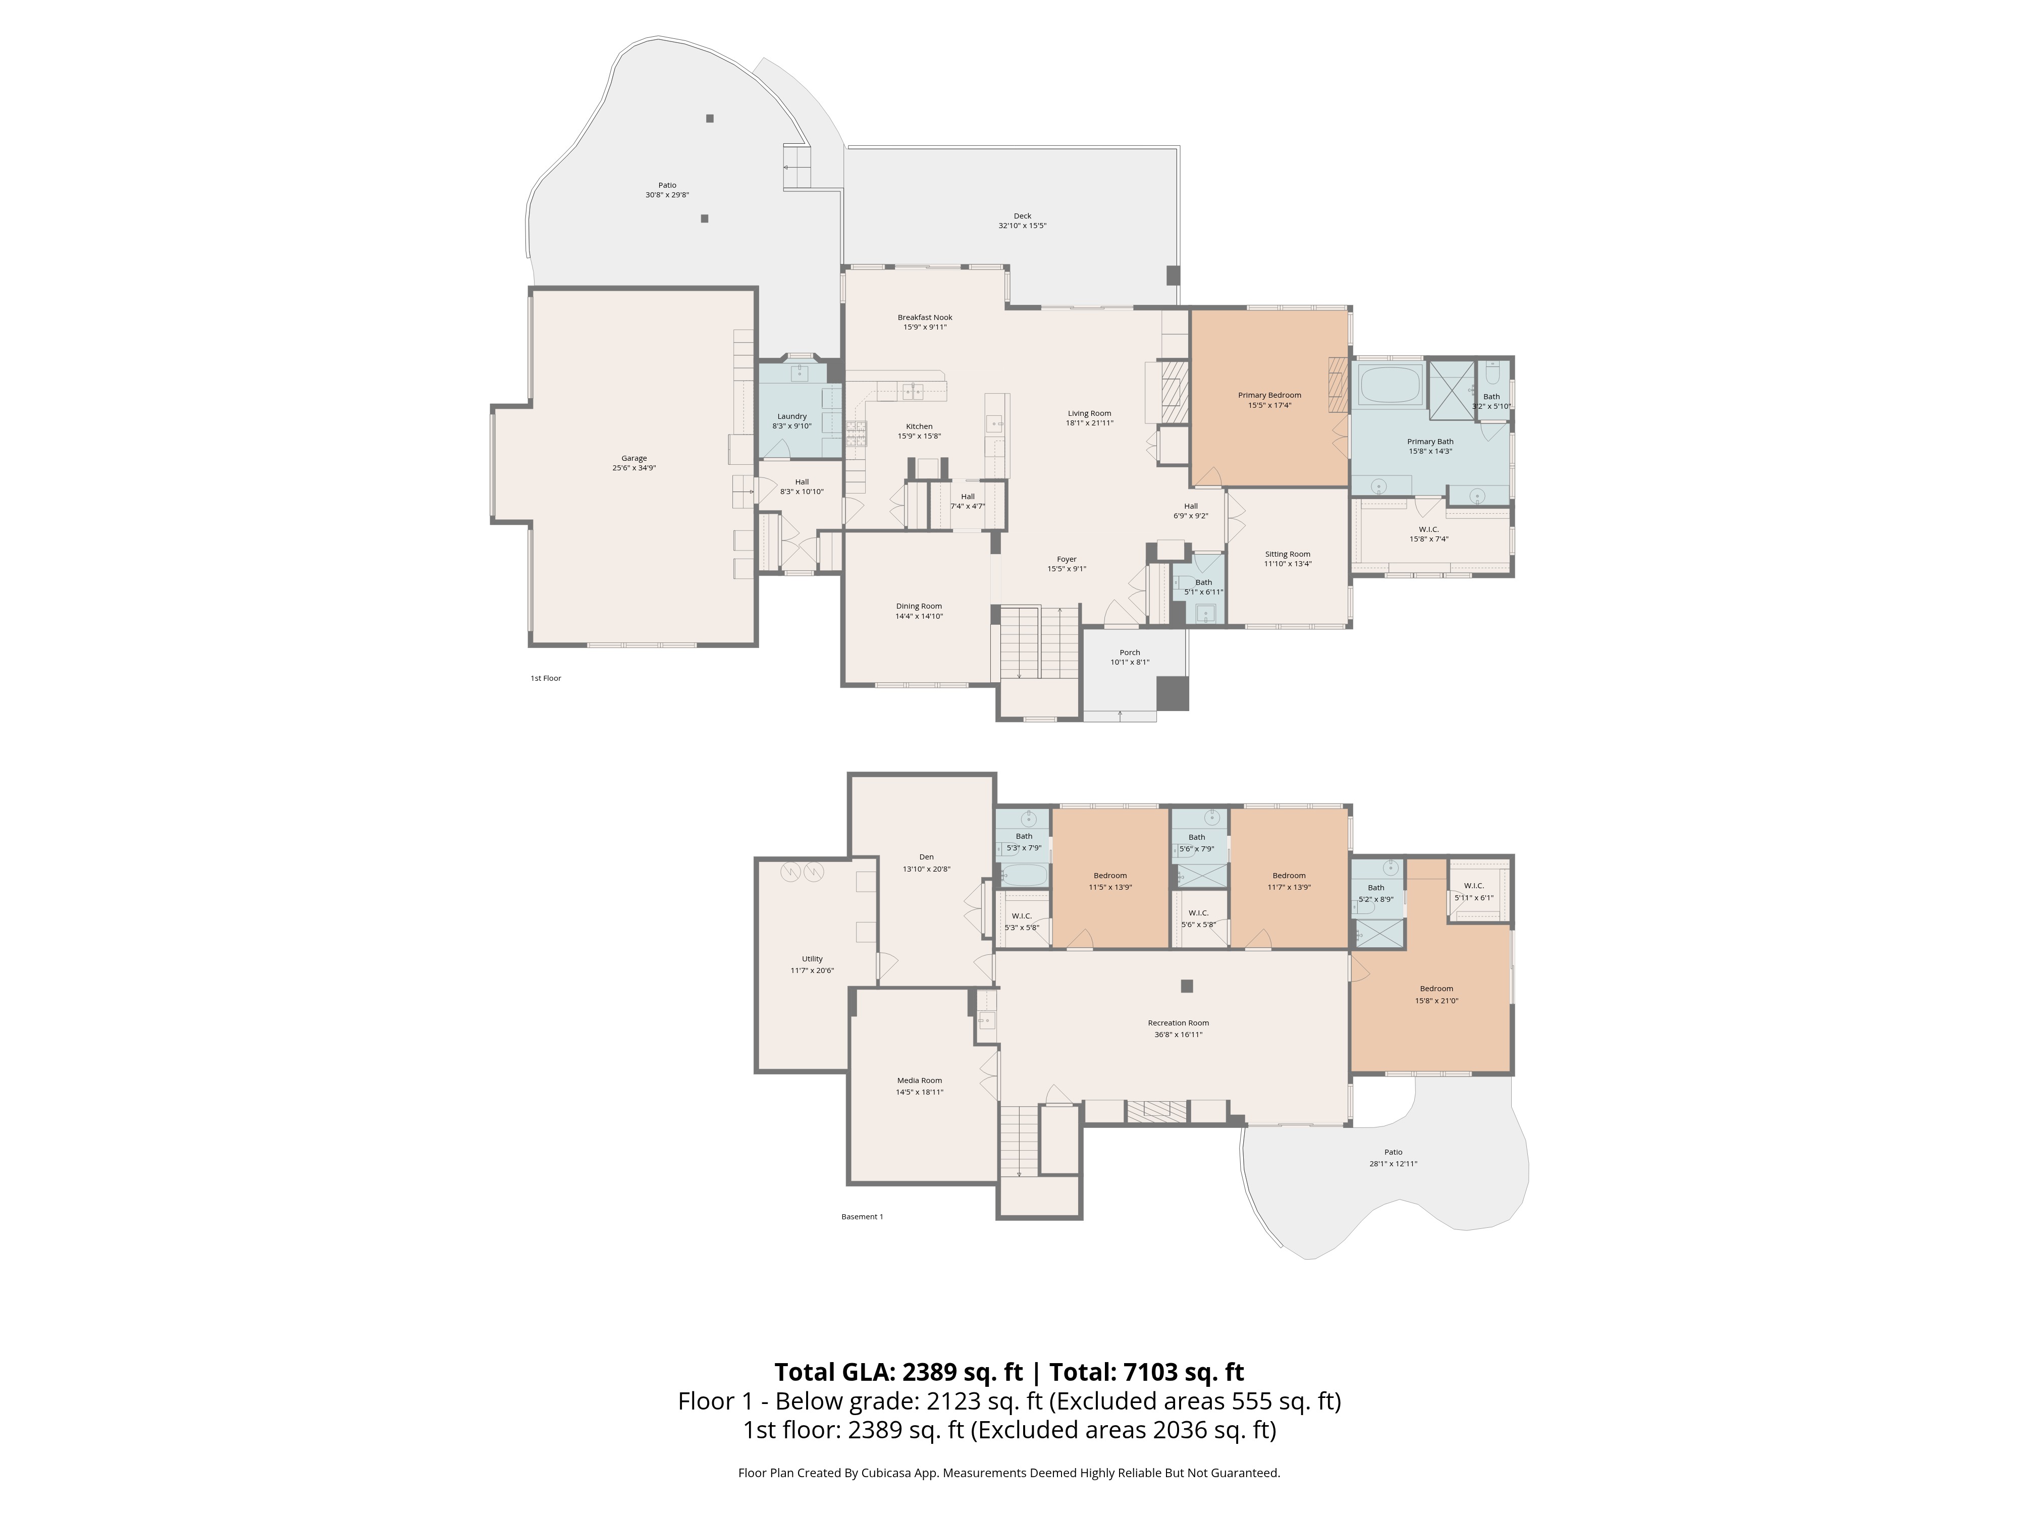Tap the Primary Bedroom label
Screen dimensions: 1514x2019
1269,395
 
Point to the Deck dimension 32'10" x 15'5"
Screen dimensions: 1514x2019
1022,226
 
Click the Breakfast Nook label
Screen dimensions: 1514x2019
925,317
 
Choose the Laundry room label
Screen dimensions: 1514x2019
791,416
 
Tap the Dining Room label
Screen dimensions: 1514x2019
918,606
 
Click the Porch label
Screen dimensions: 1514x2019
1129,653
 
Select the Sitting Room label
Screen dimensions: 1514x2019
1287,554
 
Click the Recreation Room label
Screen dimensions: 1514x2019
1179,1023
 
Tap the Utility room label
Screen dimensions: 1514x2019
812,959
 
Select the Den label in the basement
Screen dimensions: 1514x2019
926,857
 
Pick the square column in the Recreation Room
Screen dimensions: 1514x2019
1187,986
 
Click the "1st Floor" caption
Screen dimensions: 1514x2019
546,678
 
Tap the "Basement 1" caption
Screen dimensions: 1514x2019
862,1216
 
